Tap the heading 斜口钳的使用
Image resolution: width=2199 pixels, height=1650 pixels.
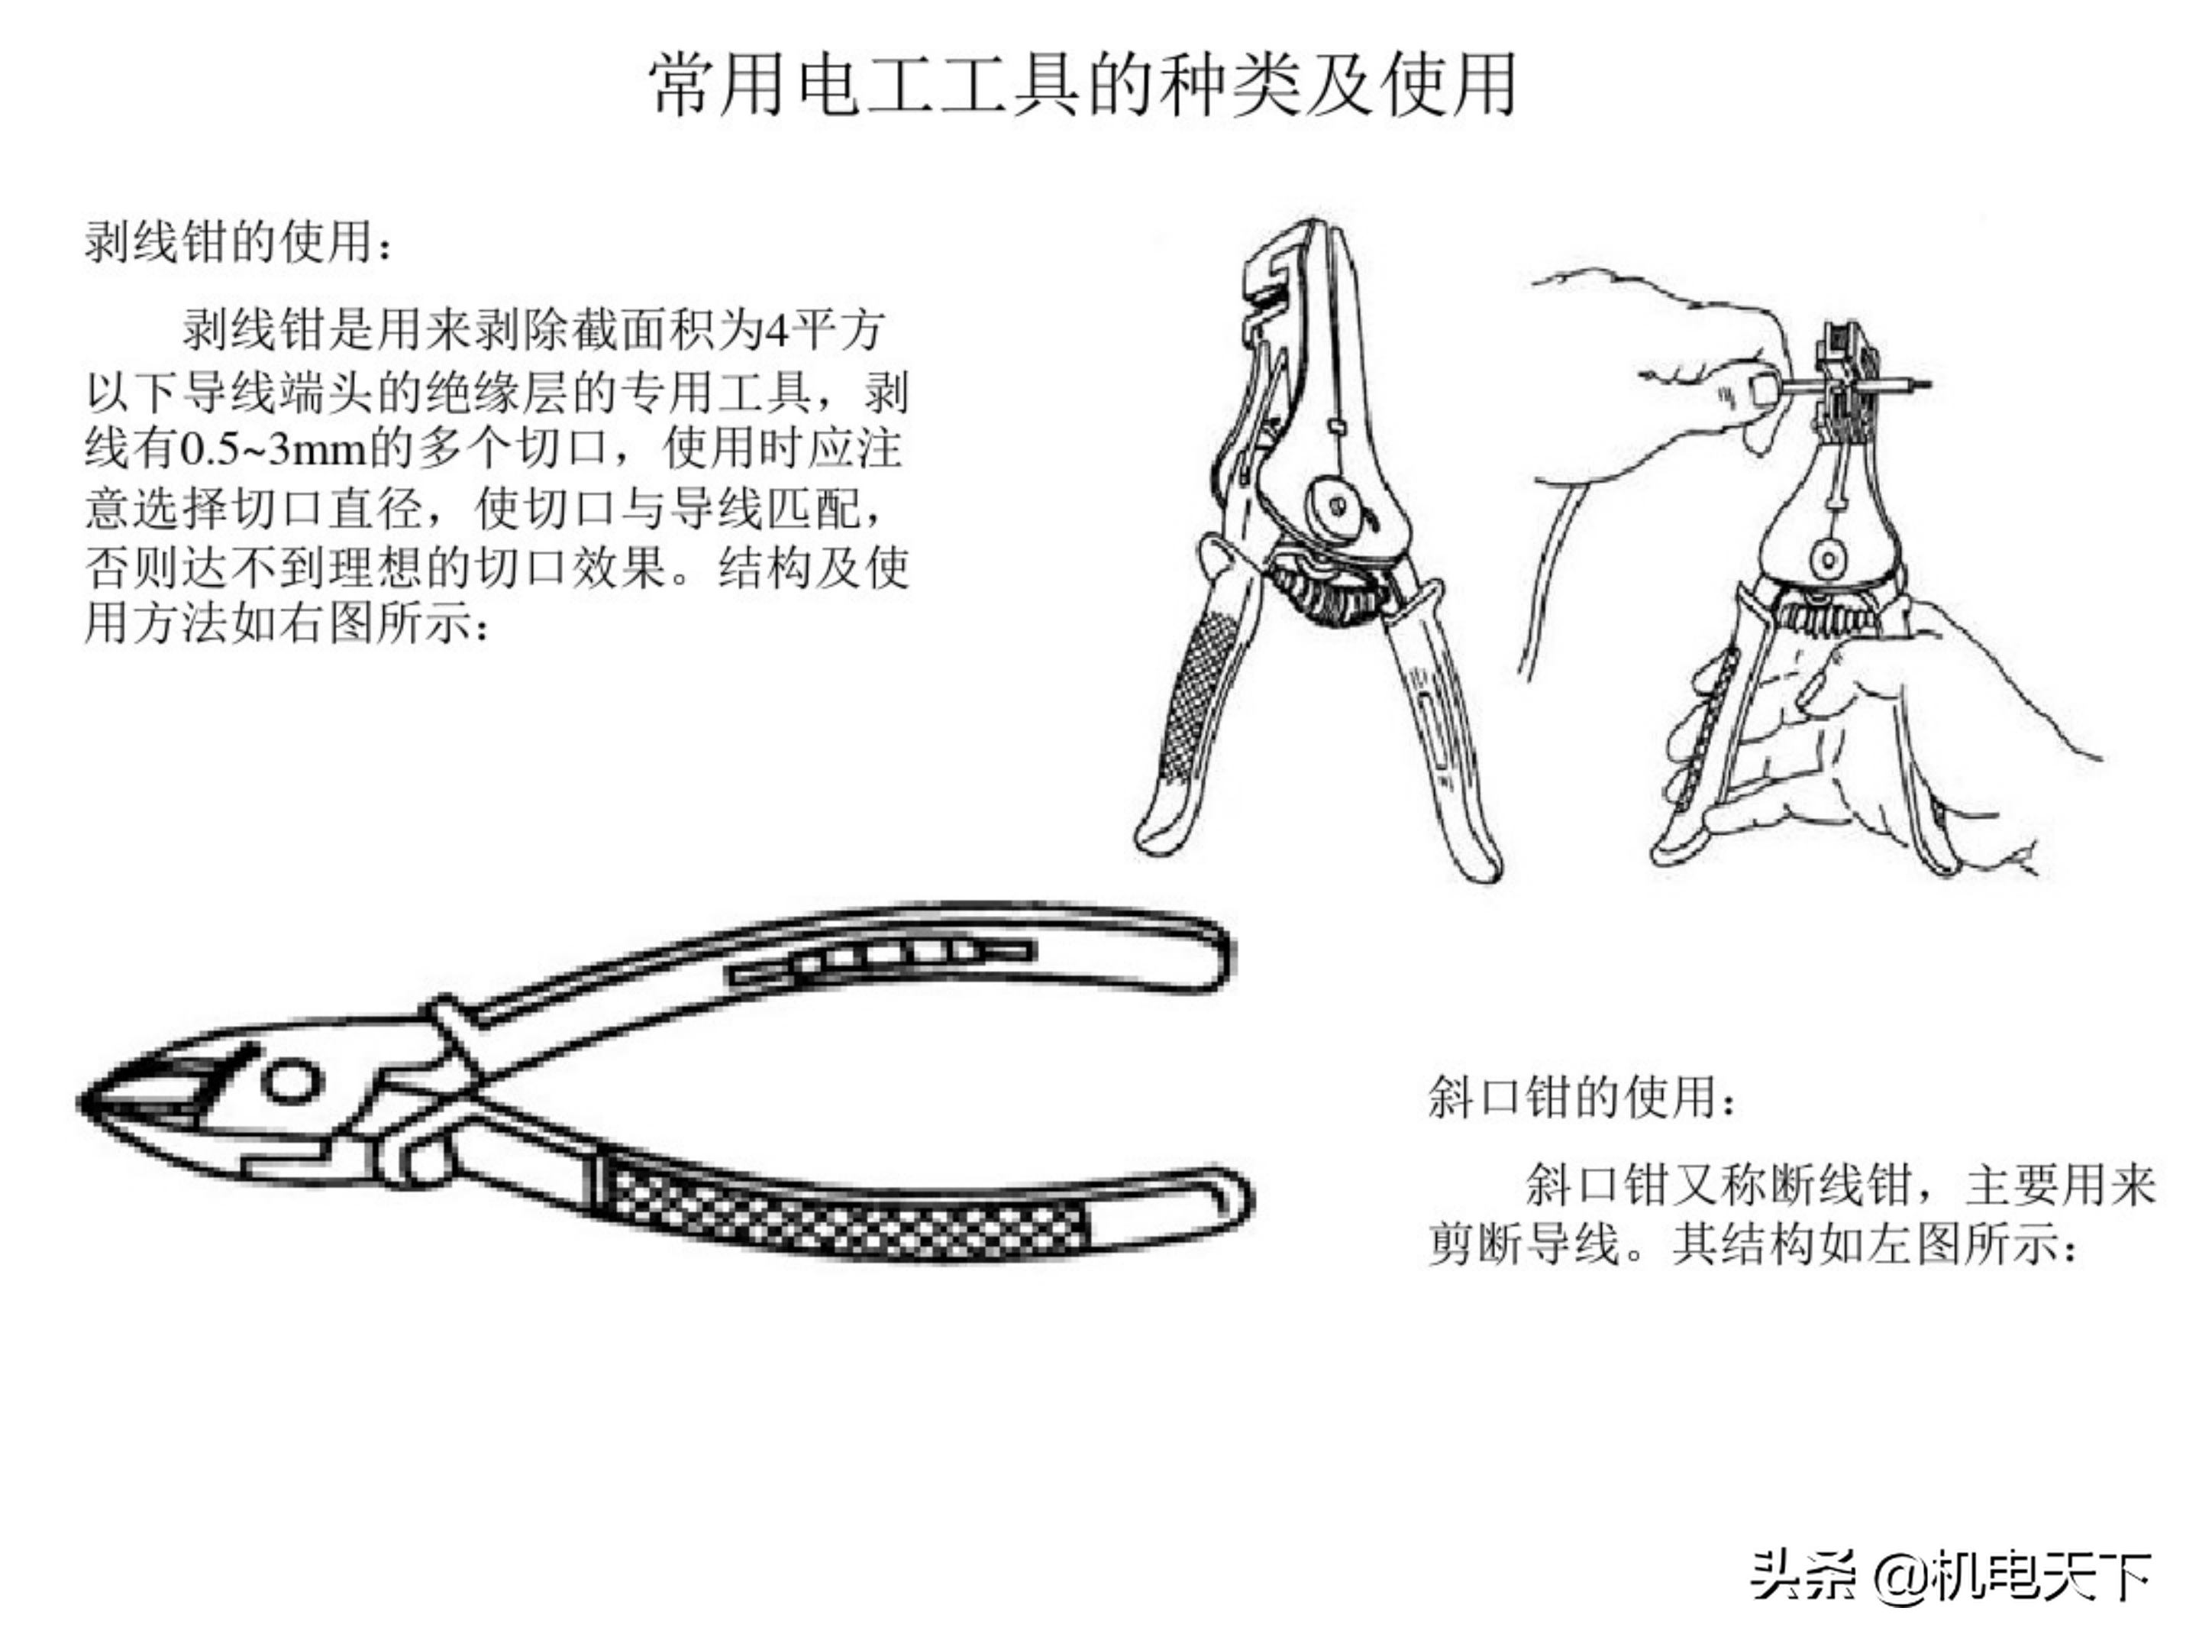(x=1580, y=1097)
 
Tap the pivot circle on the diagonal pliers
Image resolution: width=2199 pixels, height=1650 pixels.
(x=291, y=1080)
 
